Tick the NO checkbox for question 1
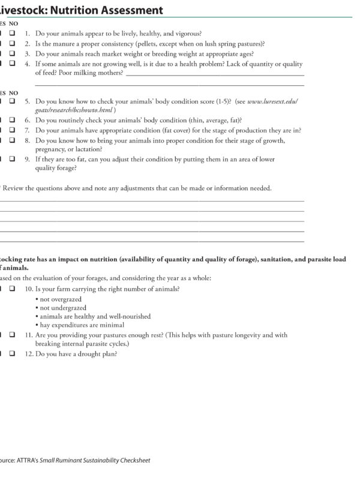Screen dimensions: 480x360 tap(12, 34)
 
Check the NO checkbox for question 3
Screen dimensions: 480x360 tap(12, 54)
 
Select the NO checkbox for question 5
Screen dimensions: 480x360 tap(12, 102)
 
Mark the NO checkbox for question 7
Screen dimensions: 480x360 tap(12, 130)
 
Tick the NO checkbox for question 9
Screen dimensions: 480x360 tap(12, 160)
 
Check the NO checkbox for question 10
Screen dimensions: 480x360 tap(12, 289)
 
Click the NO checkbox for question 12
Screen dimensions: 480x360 tap(12, 353)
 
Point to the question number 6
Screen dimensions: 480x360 tap(28, 120)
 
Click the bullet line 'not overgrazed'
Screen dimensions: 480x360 tap(59, 299)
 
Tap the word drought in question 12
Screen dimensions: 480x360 tap(94, 353)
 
